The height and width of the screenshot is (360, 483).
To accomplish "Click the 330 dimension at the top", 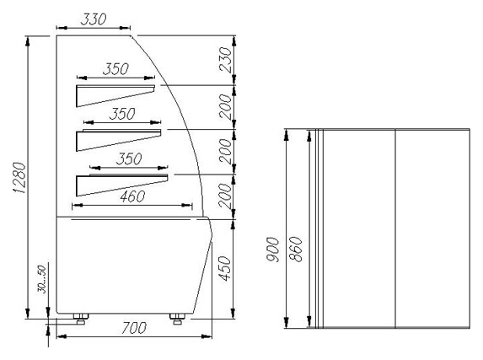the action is tap(94, 19).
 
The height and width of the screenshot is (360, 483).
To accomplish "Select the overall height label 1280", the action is tap(19, 178).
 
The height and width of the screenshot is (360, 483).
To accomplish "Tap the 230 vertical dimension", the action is tap(225, 60).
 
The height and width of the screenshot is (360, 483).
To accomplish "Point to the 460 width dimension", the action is tap(132, 196).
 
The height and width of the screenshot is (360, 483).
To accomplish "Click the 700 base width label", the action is tap(133, 328).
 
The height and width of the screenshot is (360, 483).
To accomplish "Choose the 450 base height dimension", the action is tap(225, 268).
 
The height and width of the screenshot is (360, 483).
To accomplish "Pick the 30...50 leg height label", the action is tap(42, 279).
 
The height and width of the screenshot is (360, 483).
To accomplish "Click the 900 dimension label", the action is tap(273, 250).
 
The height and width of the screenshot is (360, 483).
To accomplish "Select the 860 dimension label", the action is tap(296, 249).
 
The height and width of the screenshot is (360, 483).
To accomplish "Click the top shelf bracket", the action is tap(115, 96).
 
